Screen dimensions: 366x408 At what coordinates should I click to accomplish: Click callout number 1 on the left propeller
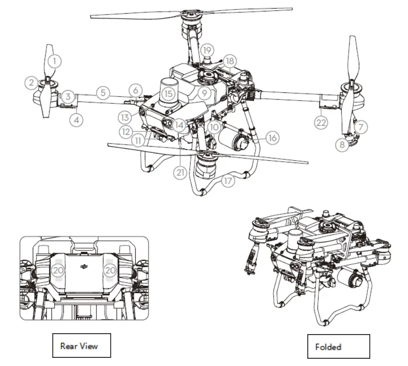pos(55,60)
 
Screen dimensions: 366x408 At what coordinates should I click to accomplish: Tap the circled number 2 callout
pos(31,82)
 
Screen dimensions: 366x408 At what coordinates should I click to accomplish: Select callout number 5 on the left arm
pos(103,93)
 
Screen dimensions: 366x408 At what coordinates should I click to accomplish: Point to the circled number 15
pos(169,94)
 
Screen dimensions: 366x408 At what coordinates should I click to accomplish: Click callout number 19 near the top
pos(207,49)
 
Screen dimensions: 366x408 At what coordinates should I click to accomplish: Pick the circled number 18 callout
pos(230,61)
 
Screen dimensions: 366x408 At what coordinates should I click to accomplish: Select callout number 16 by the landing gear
pos(272,137)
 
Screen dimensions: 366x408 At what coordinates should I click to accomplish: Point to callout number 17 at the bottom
pos(229,181)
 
